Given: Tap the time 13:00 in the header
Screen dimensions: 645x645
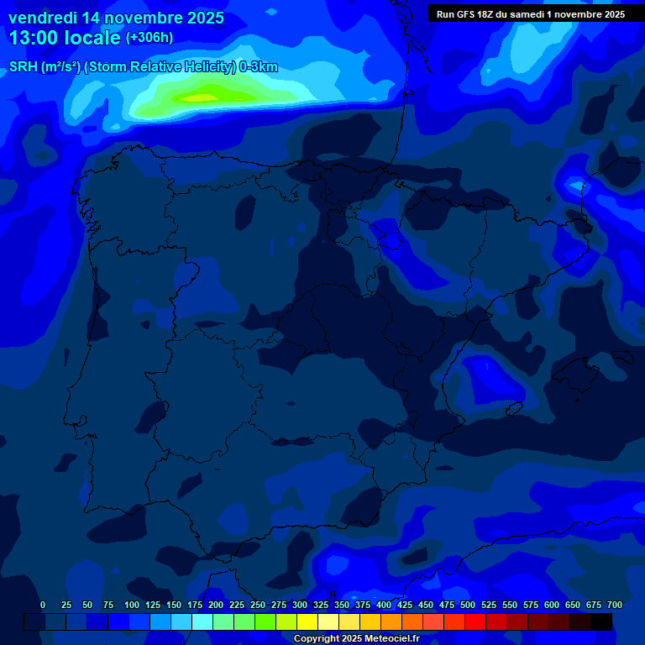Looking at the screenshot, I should click(38, 38).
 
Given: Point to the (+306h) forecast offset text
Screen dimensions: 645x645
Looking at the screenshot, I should click(149, 38).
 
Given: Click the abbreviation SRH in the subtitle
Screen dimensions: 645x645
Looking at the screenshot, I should click(23, 67).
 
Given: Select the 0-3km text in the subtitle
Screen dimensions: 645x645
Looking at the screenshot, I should click(259, 67).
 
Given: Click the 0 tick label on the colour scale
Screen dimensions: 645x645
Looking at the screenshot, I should click(43, 605).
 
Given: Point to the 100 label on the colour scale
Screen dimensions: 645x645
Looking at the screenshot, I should click(132, 605).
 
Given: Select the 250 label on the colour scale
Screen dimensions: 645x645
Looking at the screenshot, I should click(258, 605).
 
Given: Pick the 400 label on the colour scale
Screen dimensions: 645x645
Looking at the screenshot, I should click(384, 605).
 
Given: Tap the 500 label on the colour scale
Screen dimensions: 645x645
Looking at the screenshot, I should click(468, 605).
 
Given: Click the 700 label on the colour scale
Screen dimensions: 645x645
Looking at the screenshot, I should click(614, 605).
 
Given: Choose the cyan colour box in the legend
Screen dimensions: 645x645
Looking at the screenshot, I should click(202, 621).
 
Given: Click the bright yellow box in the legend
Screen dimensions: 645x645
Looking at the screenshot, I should click(307, 621).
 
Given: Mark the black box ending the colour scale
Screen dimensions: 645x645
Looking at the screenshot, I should click(601, 621).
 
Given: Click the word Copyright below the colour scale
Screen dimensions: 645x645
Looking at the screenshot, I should click(317, 639).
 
